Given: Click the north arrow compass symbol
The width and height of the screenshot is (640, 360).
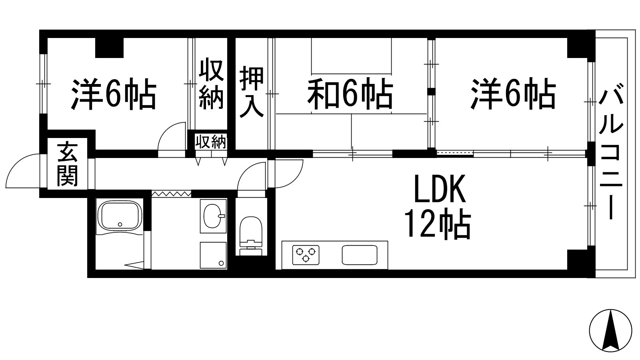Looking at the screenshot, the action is coord(611,330).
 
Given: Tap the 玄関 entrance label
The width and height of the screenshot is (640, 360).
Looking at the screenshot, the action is coord(67,164).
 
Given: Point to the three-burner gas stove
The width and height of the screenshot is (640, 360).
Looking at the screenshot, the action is coord(306,254).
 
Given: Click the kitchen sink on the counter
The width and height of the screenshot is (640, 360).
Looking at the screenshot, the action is coord(359,255).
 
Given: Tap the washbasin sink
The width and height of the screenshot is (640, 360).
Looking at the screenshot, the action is coord(213,216).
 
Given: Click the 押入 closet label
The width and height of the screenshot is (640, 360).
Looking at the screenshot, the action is coord(252,92).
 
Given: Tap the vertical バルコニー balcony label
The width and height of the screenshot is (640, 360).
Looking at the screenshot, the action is coord(610,154).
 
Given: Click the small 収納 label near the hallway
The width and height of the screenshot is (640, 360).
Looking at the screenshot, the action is coord(210,142).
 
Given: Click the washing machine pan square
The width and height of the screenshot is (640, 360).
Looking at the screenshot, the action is coord(213,255).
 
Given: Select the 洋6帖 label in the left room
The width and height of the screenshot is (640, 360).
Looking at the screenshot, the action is coord(114,95).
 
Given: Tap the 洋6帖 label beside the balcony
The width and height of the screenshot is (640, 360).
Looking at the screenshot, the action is coord(513,95).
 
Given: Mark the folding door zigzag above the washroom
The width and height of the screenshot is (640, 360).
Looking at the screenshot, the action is coord(171,194).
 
